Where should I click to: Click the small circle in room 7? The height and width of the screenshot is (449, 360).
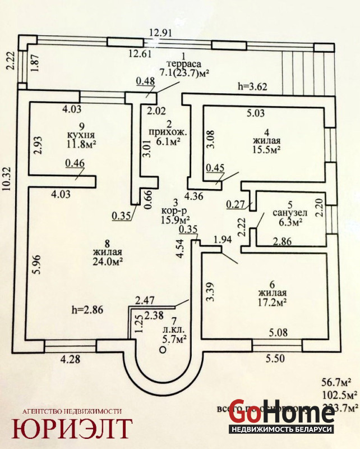coord(163,349)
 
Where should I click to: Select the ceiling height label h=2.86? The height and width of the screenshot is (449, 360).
coord(88,309)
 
